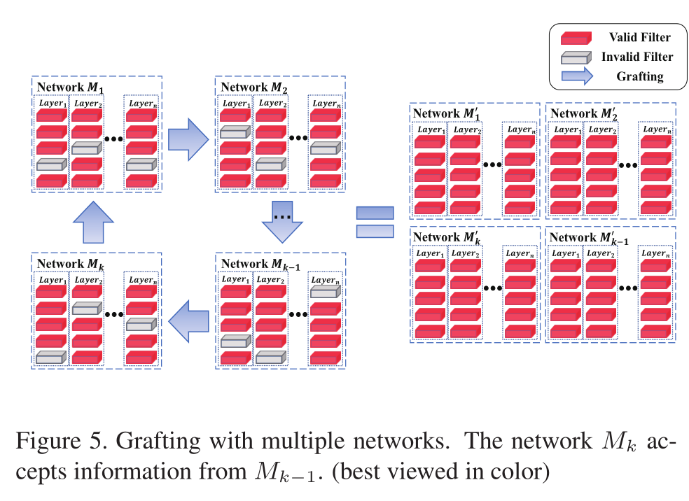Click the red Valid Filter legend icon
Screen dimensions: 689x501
pyautogui.click(x=576, y=38)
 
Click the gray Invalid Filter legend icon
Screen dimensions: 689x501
pyautogui.click(x=576, y=57)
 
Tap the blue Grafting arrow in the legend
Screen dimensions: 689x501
pyautogui.click(x=577, y=76)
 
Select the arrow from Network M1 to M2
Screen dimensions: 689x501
pyautogui.click(x=188, y=139)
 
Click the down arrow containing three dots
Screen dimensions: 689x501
pyautogui.click(x=282, y=222)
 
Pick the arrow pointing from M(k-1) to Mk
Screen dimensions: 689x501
pyautogui.click(x=188, y=321)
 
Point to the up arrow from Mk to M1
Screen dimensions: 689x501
pyautogui.click(x=93, y=223)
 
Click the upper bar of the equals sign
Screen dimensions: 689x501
pyautogui.click(x=375, y=213)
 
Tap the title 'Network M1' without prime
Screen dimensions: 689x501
pyautogui.click(x=70, y=87)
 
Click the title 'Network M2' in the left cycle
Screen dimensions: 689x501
pyautogui.click(x=254, y=87)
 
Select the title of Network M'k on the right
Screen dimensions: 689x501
pyautogui.click(x=447, y=237)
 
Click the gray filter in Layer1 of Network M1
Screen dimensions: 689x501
pyautogui.click(x=51, y=164)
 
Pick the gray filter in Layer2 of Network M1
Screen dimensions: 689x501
pyautogui.click(x=87, y=148)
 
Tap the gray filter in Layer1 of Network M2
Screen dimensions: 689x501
pyautogui.click(x=235, y=132)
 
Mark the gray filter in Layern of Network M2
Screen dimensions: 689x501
pyautogui.click(x=326, y=148)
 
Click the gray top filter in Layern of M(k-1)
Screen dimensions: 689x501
pyautogui.click(x=326, y=291)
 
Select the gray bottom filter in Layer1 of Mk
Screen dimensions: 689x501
pyautogui.click(x=51, y=358)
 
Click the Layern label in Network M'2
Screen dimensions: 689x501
pyautogui.click(x=657, y=129)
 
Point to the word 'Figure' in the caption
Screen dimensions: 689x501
pyautogui.click(x=48, y=442)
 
